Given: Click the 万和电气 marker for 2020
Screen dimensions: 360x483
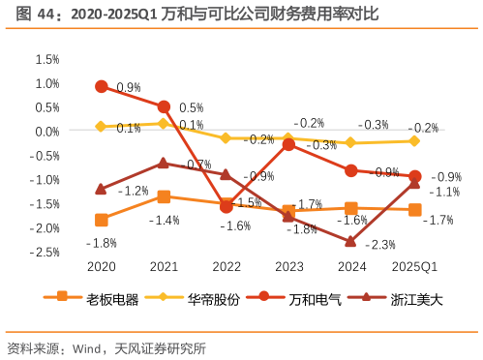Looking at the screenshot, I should coord(101,86).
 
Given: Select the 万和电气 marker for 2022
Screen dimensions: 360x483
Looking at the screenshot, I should coord(226,206).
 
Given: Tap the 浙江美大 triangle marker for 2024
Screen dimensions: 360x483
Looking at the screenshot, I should coord(351,241).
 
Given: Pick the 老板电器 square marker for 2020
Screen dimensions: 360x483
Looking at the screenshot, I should coord(101,220).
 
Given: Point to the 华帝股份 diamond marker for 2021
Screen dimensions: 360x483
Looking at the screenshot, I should coord(164,123).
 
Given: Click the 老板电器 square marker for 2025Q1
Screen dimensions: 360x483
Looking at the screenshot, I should coord(414,210).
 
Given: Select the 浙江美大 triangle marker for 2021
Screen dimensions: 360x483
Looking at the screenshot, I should coord(164,163).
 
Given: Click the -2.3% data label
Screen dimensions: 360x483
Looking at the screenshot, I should coord(381,244).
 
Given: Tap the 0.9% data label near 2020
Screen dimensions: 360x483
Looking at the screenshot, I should coord(129,88).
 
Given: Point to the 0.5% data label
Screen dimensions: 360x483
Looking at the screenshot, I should coord(192,108).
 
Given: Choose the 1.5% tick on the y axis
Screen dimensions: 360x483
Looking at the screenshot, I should coord(46,59).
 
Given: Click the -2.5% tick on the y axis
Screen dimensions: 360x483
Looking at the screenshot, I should coord(44,253).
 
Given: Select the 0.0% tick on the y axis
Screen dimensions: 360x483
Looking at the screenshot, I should coord(46,132).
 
